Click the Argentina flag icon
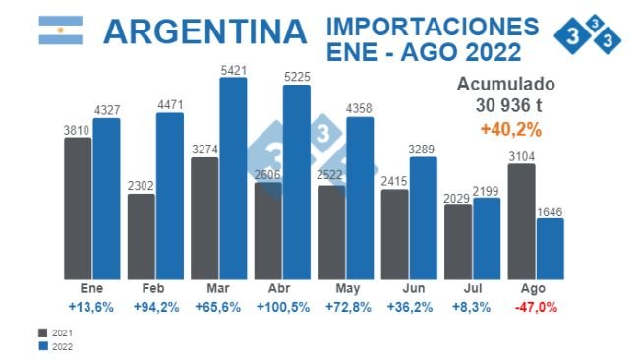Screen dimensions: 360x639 [x=60, y=30]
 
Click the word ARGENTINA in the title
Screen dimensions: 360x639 [x=205, y=31]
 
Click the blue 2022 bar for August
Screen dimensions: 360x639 [x=551, y=249]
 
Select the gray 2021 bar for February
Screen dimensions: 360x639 [x=142, y=236]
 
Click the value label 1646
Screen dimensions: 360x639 [x=551, y=210]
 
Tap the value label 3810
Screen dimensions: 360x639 [x=78, y=129]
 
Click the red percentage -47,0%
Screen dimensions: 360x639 [x=536, y=307]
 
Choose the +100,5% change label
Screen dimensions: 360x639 [x=282, y=307]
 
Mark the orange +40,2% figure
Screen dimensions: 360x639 [x=511, y=129]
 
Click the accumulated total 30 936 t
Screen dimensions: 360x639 [x=511, y=106]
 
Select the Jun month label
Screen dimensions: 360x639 [x=409, y=290]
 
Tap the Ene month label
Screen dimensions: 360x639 [x=91, y=290]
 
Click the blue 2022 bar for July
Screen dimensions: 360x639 [x=487, y=239]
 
